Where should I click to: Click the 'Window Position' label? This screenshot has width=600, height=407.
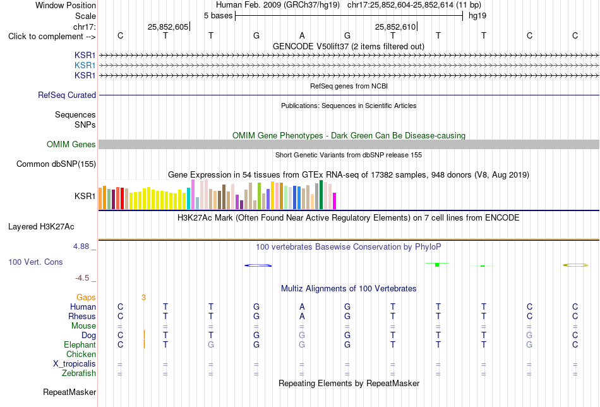[x=66, y=5]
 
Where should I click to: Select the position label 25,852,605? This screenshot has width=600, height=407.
[x=167, y=27]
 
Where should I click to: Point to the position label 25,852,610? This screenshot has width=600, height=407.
[x=395, y=27]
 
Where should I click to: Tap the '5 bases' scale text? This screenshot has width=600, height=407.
[x=218, y=16]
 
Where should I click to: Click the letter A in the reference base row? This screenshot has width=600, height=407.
[x=302, y=35]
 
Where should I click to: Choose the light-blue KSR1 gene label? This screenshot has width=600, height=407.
[x=85, y=66]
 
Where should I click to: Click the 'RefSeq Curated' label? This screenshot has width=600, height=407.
[x=67, y=95]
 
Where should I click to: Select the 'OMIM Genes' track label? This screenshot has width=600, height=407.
[x=71, y=144]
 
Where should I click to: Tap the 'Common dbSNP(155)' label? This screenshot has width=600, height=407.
[x=56, y=164]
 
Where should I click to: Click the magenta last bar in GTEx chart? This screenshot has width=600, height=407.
[x=335, y=201]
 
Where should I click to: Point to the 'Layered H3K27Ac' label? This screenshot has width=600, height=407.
[x=41, y=227]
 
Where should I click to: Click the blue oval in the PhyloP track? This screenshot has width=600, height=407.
[x=258, y=265]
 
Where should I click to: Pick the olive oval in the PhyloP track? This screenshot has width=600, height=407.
[x=575, y=265]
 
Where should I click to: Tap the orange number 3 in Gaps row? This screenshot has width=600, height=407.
[x=143, y=298]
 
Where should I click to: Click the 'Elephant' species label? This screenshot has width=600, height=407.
[x=80, y=344]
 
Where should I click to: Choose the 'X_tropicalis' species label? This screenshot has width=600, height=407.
[x=75, y=364]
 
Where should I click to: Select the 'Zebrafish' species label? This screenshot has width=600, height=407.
[x=79, y=373]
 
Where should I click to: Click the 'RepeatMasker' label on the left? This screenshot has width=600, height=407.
[x=69, y=392]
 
